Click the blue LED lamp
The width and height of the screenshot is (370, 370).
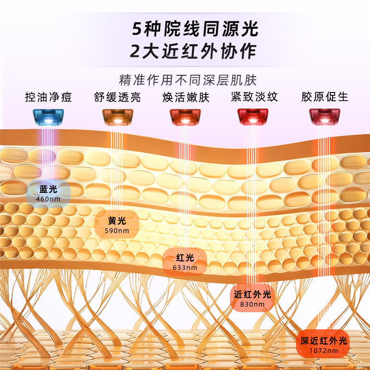(48, 117)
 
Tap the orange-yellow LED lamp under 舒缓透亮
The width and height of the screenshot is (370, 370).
(117, 117)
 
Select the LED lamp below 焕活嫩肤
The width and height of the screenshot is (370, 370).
(185, 117)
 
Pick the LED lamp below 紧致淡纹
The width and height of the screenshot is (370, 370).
(253, 117)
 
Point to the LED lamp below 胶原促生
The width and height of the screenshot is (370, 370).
(325, 117)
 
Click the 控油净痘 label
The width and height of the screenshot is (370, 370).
(49, 97)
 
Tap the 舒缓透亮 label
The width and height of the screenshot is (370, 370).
(117, 97)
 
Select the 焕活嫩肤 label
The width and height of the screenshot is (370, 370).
(186, 97)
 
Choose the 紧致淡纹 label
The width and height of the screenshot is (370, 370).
(254, 97)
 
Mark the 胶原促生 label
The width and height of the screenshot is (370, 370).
(325, 97)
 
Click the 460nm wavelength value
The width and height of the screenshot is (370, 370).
(48, 199)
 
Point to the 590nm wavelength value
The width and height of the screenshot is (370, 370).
(117, 231)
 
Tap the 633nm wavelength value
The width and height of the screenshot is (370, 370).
(185, 268)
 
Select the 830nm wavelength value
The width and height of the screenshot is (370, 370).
(253, 304)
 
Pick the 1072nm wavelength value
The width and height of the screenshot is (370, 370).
(324, 351)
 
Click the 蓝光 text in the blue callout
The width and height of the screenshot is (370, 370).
(48, 189)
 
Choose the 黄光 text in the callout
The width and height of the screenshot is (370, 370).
(117, 221)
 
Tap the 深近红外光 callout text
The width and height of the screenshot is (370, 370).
(324, 341)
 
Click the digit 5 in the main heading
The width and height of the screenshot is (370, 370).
(136, 29)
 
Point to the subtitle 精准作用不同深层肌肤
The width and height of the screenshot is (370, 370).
(188, 80)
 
